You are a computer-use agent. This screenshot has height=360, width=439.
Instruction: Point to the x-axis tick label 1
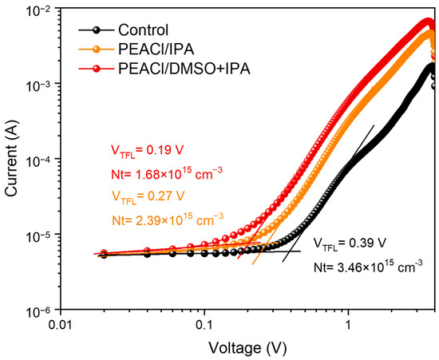(x=348, y=326)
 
